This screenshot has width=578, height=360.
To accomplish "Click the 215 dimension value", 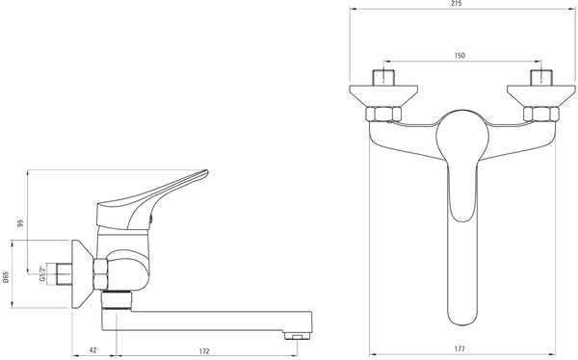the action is pyautogui.click(x=456, y=3).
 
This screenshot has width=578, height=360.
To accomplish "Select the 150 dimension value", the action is pyautogui.click(x=460, y=55).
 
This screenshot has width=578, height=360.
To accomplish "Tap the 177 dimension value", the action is pyautogui.click(x=460, y=348).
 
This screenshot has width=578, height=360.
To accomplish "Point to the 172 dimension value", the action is pyautogui.click(x=204, y=350).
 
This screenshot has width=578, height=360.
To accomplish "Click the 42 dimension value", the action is pyautogui.click(x=92, y=350).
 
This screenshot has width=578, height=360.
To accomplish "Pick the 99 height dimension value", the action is pyautogui.click(x=20, y=223).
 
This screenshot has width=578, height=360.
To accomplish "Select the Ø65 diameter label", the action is pyautogui.click(x=5, y=276).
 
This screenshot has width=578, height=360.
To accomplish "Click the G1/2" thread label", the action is pyautogui.click(x=42, y=273).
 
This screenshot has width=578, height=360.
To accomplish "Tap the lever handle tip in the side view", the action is pyautogui.click(x=206, y=171).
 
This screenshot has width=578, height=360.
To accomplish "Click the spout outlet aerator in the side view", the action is pyautogui.click(x=298, y=336).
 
